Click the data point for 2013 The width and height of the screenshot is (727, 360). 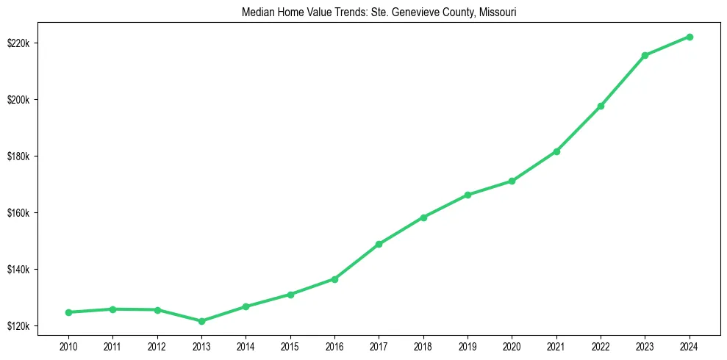pyautogui.click(x=201, y=321)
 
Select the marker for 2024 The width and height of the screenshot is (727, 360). pyautogui.click(x=690, y=37)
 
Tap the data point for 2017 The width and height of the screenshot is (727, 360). pyautogui.click(x=379, y=244)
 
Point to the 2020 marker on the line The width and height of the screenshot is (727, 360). pyautogui.click(x=512, y=181)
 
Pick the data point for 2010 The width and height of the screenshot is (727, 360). pyautogui.click(x=68, y=312)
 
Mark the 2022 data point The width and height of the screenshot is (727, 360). pyautogui.click(x=601, y=106)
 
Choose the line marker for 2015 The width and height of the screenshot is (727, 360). pyautogui.click(x=290, y=295)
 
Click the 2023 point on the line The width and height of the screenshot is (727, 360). pyautogui.click(x=645, y=55)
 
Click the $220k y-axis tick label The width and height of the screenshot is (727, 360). pyautogui.click(x=25, y=43)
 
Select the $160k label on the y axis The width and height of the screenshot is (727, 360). pyautogui.click(x=25, y=213)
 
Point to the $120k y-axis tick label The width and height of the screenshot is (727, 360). pyautogui.click(x=25, y=326)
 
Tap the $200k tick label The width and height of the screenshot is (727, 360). pyautogui.click(x=25, y=100)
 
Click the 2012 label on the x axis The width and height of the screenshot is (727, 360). pyautogui.click(x=157, y=345)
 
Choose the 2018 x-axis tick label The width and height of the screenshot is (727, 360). pyautogui.click(x=423, y=345)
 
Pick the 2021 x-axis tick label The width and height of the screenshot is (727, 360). pyautogui.click(x=556, y=345)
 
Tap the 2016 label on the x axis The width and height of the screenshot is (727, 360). pyautogui.click(x=334, y=345)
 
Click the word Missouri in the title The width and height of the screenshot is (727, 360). pyautogui.click(x=498, y=12)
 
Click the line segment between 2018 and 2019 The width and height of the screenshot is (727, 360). pyautogui.click(x=445, y=206)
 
